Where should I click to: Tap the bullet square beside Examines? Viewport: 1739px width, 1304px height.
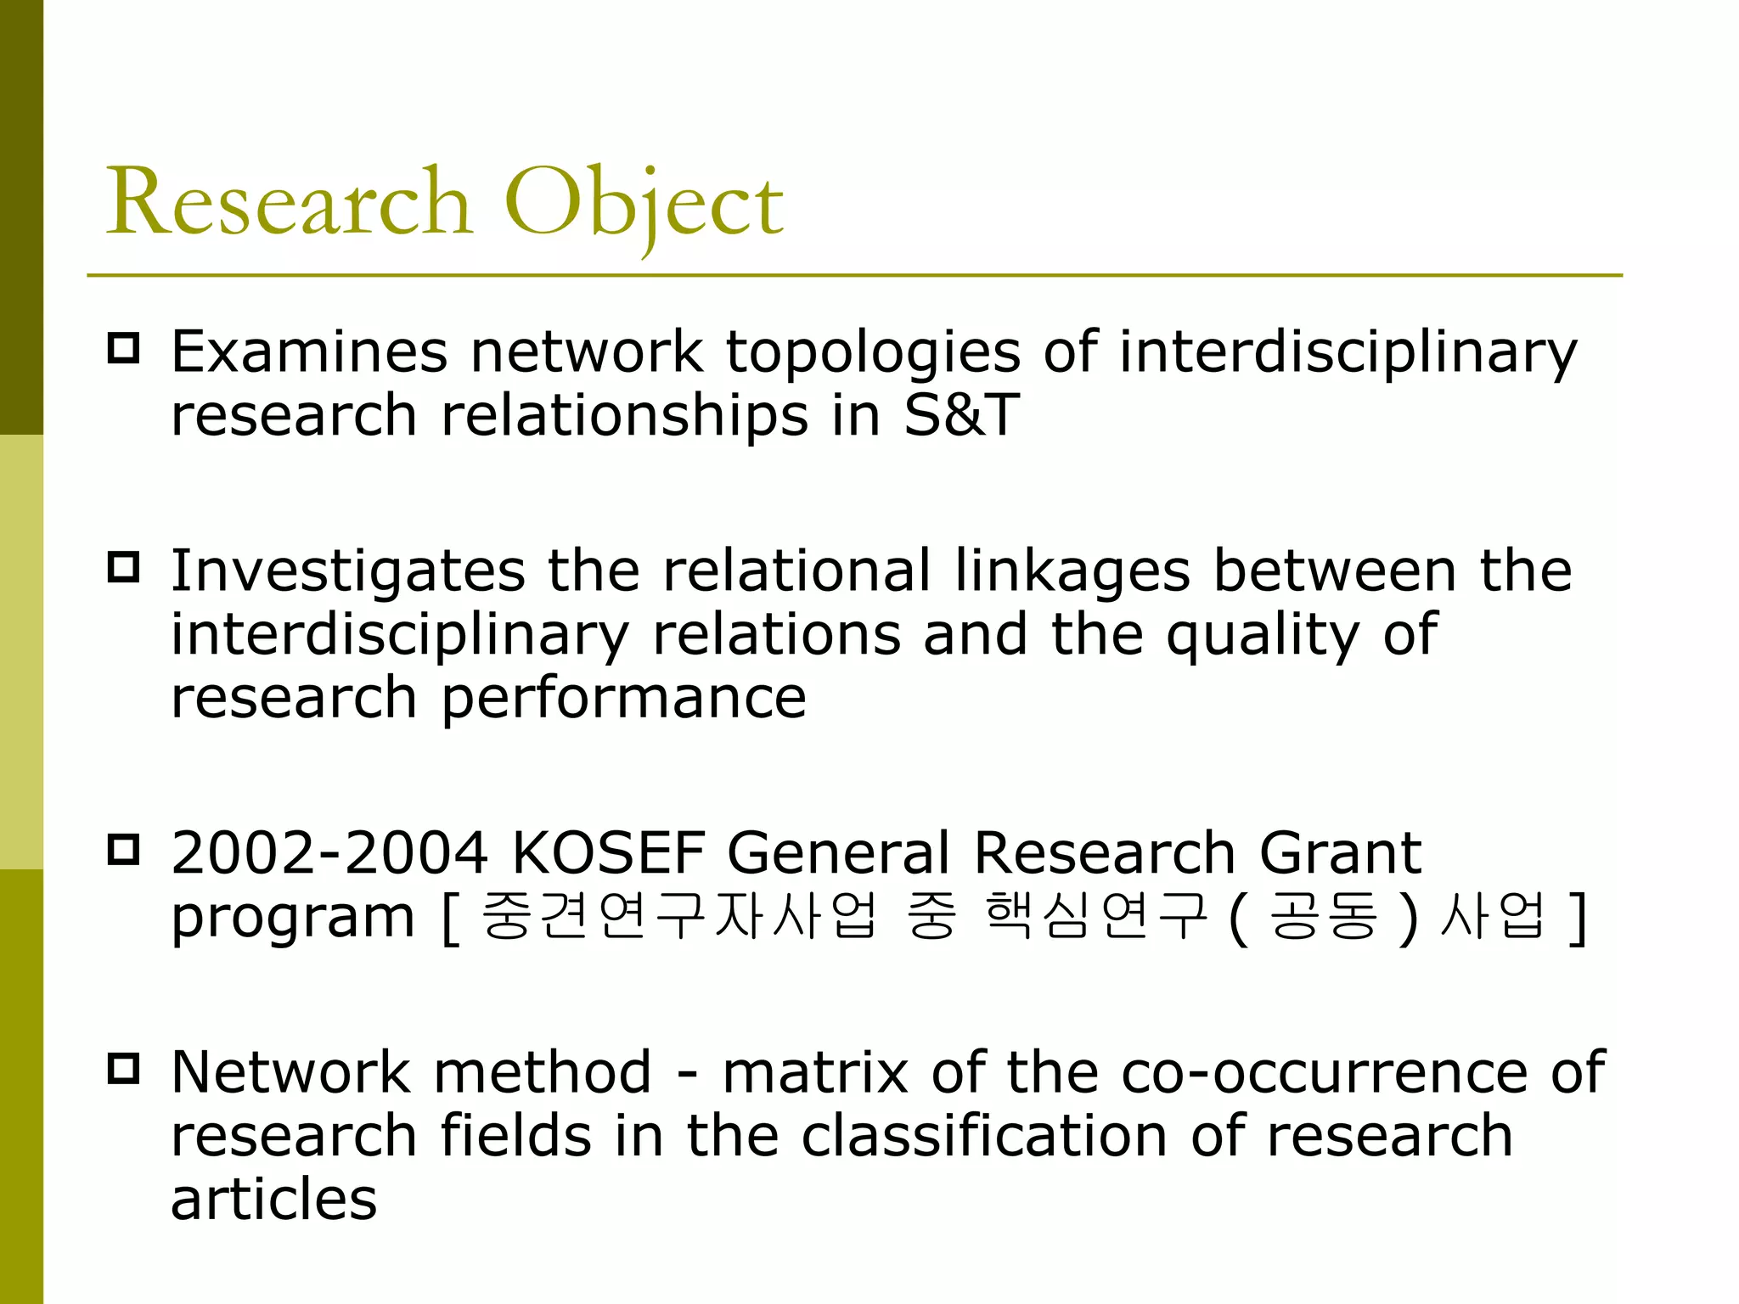[x=124, y=349]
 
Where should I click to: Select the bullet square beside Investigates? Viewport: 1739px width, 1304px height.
[x=124, y=567]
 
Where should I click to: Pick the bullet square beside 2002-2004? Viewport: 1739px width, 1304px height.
[x=124, y=850]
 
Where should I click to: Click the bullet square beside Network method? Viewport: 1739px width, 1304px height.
[x=124, y=1069]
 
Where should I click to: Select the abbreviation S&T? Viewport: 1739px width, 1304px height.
[x=960, y=415]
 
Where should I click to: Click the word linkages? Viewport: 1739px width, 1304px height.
[x=1072, y=571]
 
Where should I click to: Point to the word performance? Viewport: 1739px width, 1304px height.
[x=623, y=700]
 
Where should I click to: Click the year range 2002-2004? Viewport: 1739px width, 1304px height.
[x=329, y=853]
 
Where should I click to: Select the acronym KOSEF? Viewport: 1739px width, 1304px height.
[x=609, y=853]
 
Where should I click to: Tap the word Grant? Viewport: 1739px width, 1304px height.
[x=1340, y=853]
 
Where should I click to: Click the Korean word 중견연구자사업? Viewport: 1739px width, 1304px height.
[x=678, y=916]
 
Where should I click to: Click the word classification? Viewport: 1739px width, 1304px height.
[x=984, y=1136]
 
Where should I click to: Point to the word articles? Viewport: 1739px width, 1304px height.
[x=273, y=1199]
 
